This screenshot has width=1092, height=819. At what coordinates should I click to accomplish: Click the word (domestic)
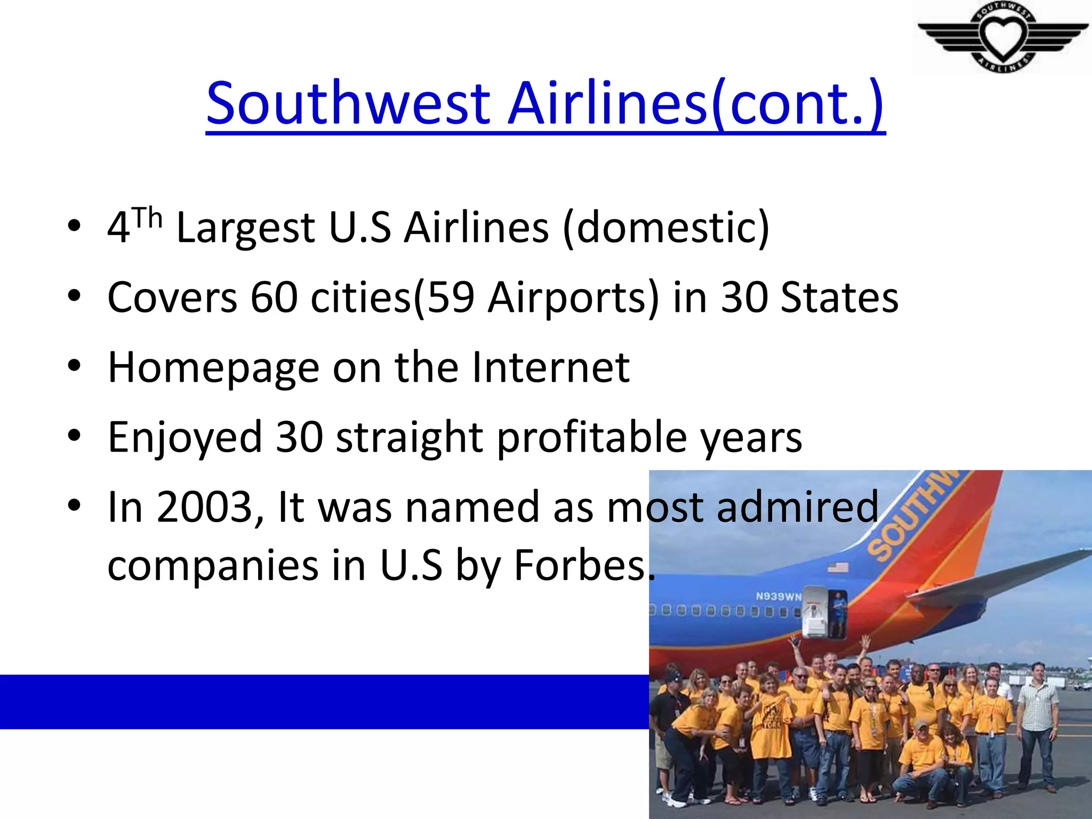(x=666, y=228)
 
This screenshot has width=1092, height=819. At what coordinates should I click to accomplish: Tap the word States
(x=839, y=297)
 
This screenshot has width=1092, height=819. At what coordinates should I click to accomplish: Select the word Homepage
(x=213, y=368)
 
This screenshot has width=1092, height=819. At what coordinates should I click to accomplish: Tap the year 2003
(x=204, y=507)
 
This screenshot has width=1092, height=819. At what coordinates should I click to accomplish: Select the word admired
(x=798, y=507)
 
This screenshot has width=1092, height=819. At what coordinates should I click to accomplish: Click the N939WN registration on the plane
(x=778, y=596)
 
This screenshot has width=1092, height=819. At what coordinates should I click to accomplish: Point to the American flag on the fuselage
(x=838, y=568)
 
